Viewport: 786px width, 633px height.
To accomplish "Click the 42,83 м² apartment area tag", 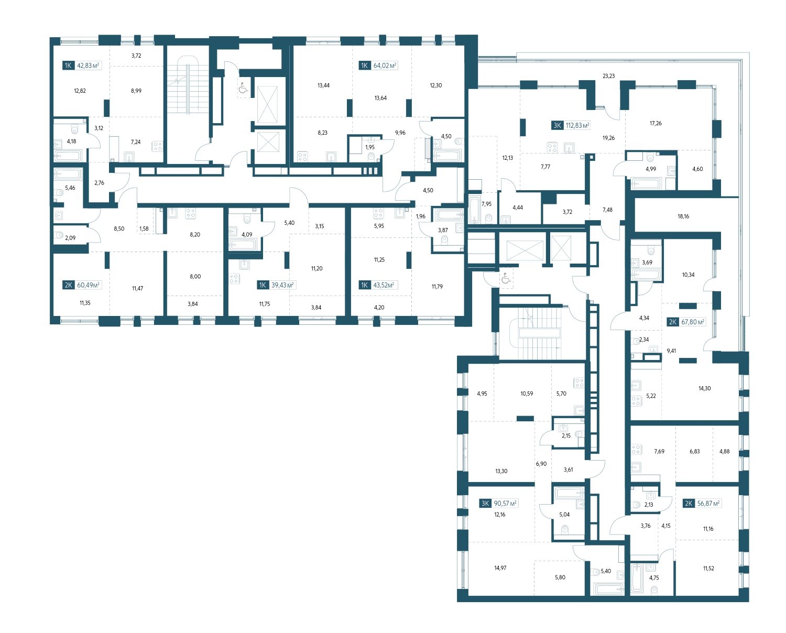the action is (88, 66).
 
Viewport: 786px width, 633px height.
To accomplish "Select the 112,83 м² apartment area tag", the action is (577, 126).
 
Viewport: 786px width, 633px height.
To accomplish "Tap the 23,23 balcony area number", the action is (608, 76).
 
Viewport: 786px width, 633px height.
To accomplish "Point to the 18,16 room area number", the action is (683, 216).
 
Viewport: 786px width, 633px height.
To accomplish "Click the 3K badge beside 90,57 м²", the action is (485, 504).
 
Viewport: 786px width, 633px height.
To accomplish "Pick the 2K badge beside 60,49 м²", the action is (68, 285).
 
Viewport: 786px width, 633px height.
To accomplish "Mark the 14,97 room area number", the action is (500, 568).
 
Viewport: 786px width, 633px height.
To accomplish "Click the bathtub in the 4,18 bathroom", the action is (67, 156).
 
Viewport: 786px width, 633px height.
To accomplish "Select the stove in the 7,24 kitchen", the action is (157, 147).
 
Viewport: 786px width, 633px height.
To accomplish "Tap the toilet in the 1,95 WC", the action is (371, 156).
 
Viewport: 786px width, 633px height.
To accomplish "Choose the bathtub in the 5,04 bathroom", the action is (568, 494).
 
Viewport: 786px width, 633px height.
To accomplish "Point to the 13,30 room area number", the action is (501, 471).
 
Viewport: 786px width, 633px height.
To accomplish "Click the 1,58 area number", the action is (144, 228).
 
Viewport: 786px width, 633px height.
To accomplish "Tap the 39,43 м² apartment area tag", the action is (282, 285).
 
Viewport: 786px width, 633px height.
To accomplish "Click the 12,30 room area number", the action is (435, 85).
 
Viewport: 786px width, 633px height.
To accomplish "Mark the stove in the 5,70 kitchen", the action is (579, 383).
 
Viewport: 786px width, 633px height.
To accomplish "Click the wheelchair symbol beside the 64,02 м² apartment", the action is (243, 89).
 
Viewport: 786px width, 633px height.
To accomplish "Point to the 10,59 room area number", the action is (526, 394).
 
